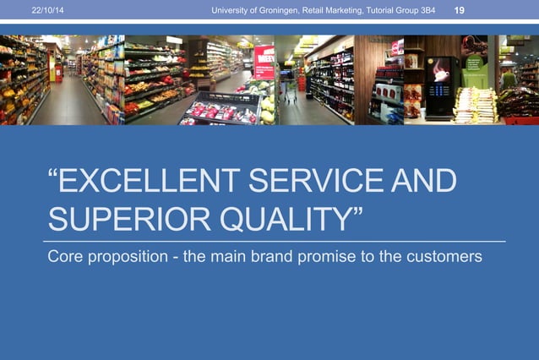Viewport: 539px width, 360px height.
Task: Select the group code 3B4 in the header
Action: (x=426, y=9)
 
